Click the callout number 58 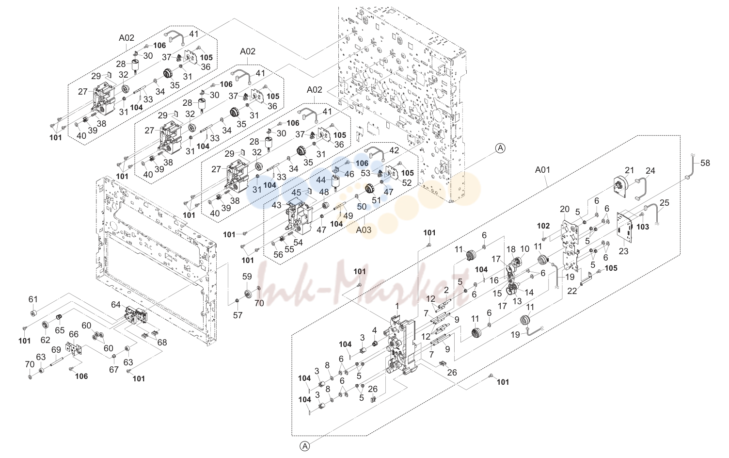pos(705,163)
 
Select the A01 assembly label pos(542,170)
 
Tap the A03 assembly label pos(364,229)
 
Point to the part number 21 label pos(630,170)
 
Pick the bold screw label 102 pos(543,226)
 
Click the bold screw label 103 pos(643,227)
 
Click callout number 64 pos(116,305)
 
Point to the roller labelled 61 pos(32,313)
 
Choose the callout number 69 pos(56,350)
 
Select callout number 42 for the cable pos(394,150)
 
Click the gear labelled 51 pos(369,189)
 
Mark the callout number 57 pos(238,315)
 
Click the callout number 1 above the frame pos(397,306)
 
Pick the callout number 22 pos(572,291)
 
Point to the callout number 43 pos(277,206)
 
